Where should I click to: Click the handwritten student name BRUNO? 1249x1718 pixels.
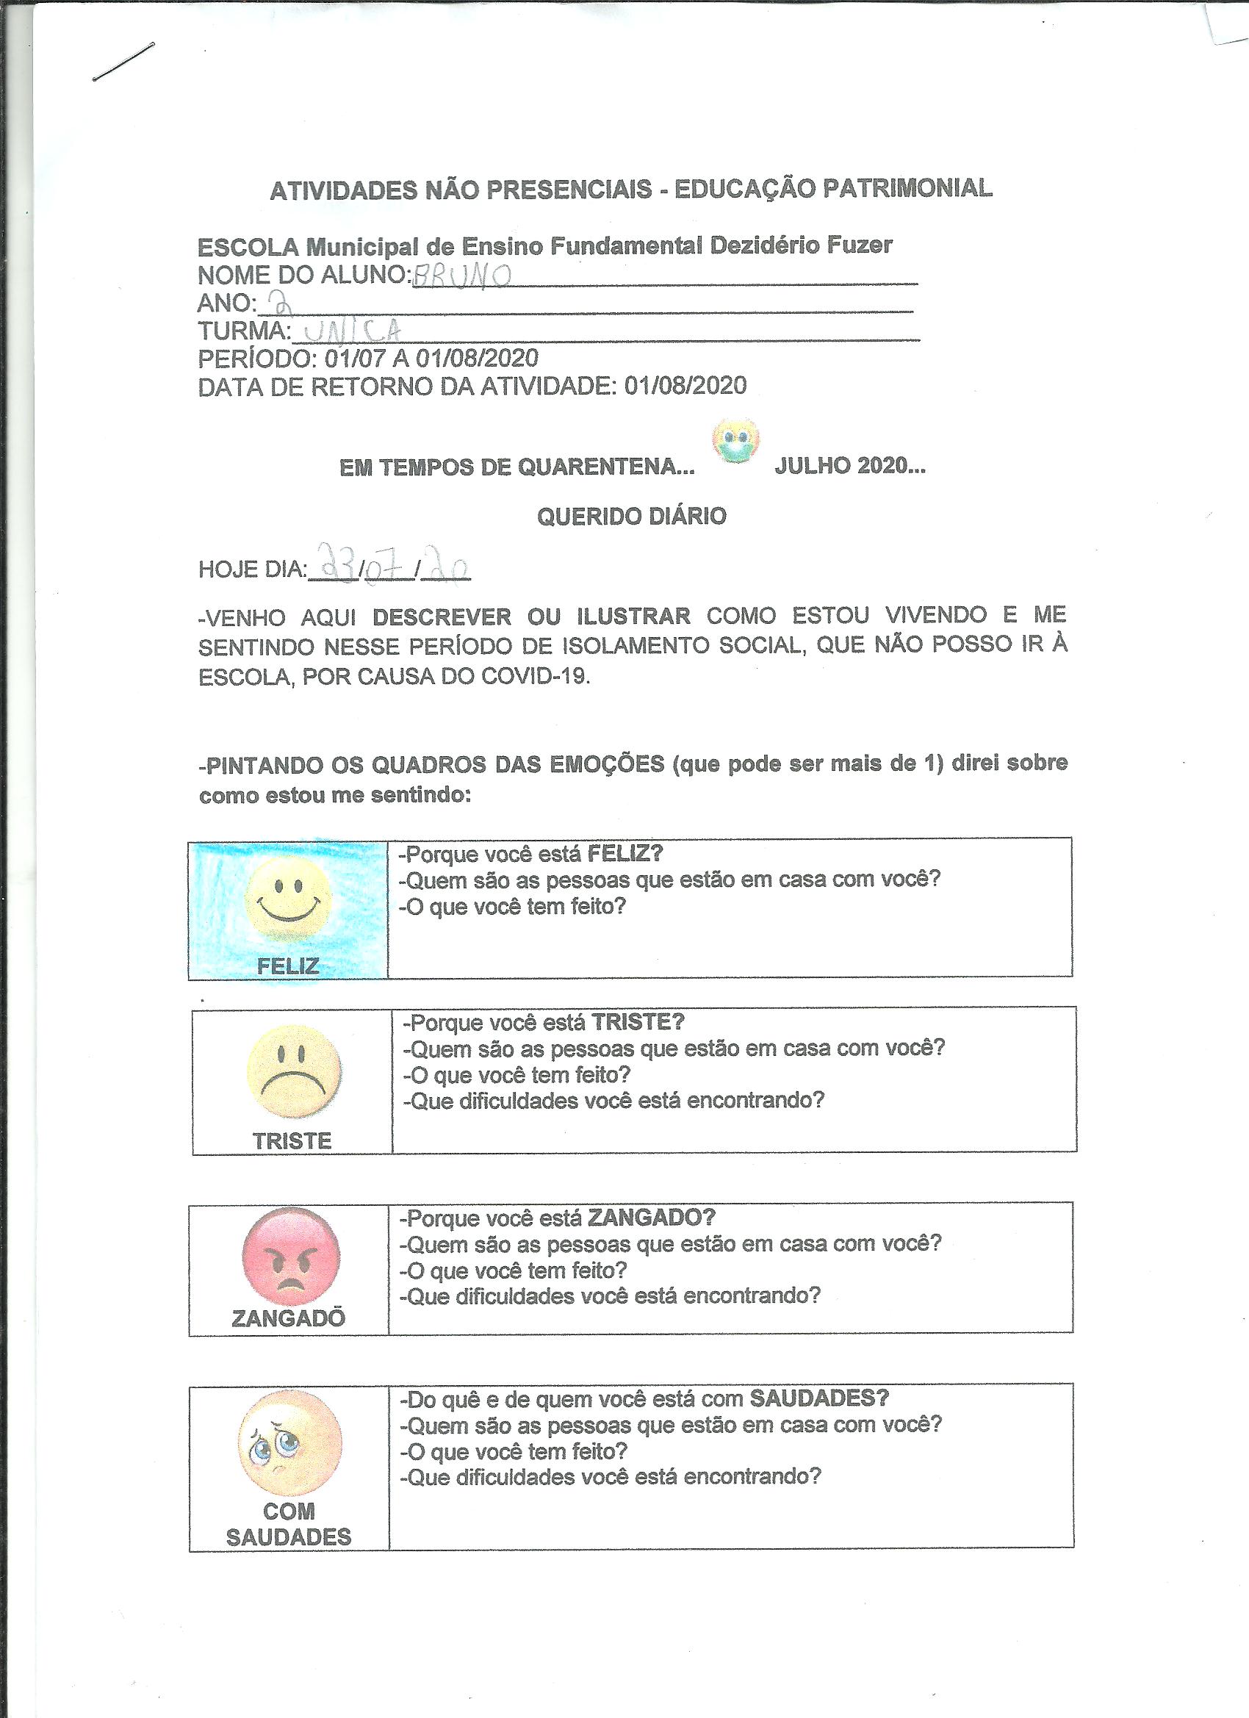click(461, 276)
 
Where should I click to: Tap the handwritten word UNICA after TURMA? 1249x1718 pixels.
click(350, 330)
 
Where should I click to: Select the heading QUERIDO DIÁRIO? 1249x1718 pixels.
click(631, 517)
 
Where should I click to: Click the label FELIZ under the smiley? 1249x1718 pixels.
click(288, 966)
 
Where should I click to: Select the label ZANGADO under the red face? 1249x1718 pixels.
click(289, 1319)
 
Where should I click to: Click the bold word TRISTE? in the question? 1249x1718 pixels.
click(638, 1023)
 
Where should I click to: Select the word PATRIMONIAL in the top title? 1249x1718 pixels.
click(907, 189)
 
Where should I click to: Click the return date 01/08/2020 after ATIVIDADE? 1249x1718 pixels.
click(685, 386)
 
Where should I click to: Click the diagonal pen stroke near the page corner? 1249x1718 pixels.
click(123, 62)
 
